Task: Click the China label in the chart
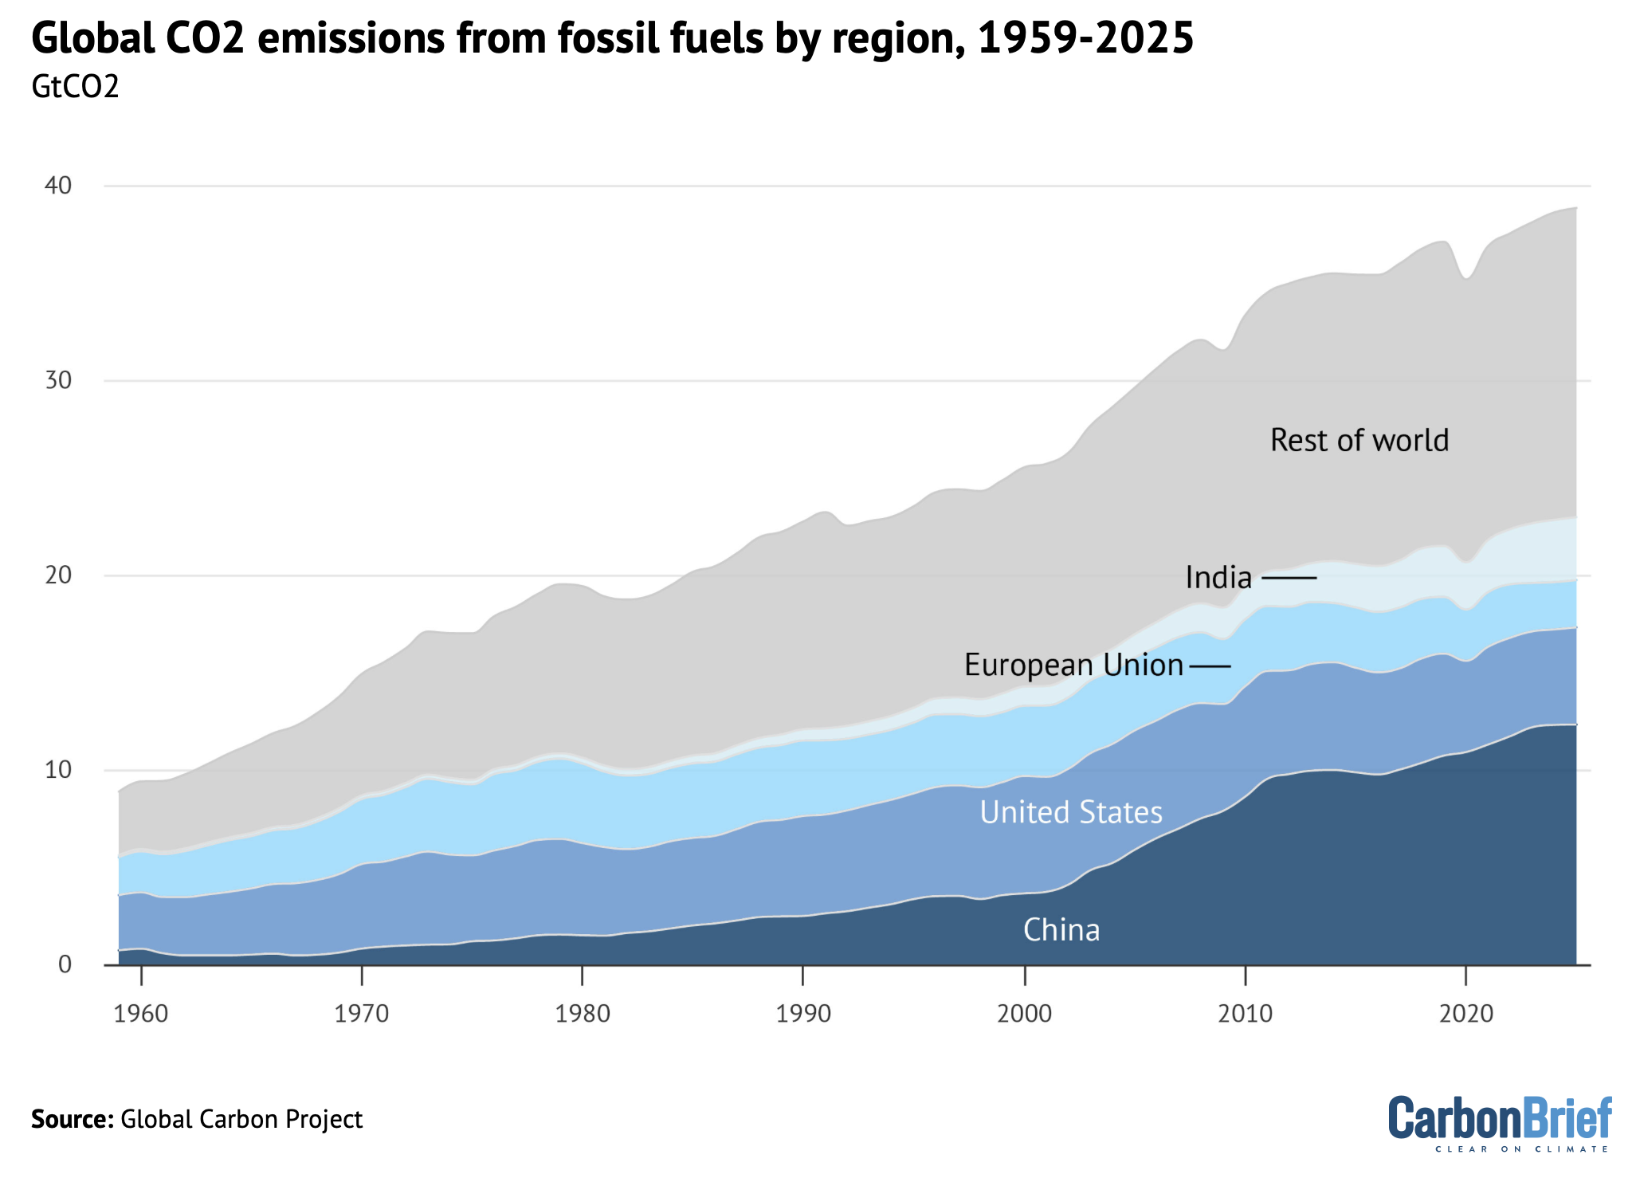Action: coord(1061,930)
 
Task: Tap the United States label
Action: coord(1070,812)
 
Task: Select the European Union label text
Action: coord(1073,665)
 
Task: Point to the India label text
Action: coord(1218,577)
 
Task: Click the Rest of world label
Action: coord(1359,440)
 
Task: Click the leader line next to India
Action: coord(1289,577)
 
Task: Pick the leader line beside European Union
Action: coord(1210,666)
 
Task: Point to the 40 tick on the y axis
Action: coord(58,186)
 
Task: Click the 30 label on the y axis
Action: coord(58,380)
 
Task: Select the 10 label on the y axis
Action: coord(58,770)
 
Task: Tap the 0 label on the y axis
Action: coord(65,964)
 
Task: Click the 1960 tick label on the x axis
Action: coord(141,1014)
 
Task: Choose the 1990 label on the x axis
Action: coord(803,1014)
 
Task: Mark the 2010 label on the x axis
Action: coord(1246,1014)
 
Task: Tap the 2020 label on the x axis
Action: coord(1466,1014)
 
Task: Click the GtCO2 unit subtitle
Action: coord(75,86)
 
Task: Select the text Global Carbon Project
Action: coord(241,1119)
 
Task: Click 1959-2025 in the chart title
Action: coord(1085,37)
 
